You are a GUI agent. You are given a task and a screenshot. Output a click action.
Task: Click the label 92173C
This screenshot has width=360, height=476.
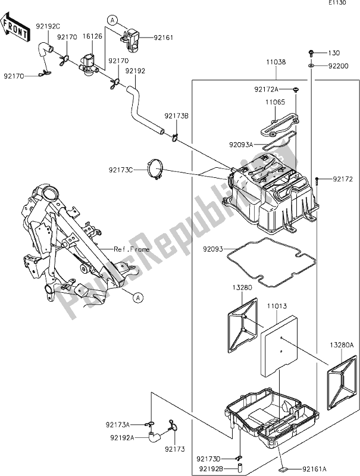pos(121,170)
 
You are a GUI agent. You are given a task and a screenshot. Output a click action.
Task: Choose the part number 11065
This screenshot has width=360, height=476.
pos(276,102)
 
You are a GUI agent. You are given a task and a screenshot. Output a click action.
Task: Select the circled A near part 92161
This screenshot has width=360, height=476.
pos(111,20)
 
